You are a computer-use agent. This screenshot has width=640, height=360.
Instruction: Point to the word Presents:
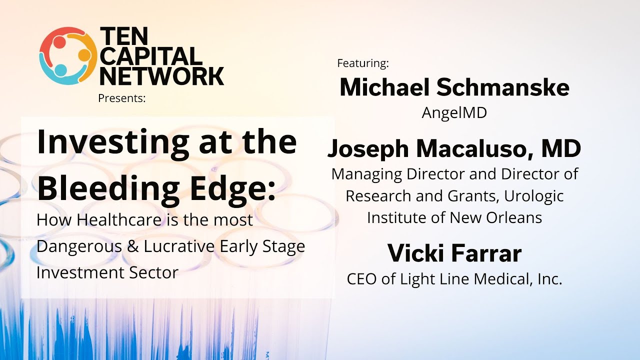click(x=122, y=98)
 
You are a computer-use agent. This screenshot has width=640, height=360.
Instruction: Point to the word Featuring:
click(x=363, y=63)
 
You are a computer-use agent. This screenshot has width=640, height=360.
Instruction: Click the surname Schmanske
click(x=502, y=88)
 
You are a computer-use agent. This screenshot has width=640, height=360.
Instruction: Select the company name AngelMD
click(x=454, y=113)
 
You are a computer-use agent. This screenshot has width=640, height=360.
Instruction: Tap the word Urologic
click(x=534, y=196)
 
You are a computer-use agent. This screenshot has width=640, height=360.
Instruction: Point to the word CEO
click(x=362, y=279)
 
